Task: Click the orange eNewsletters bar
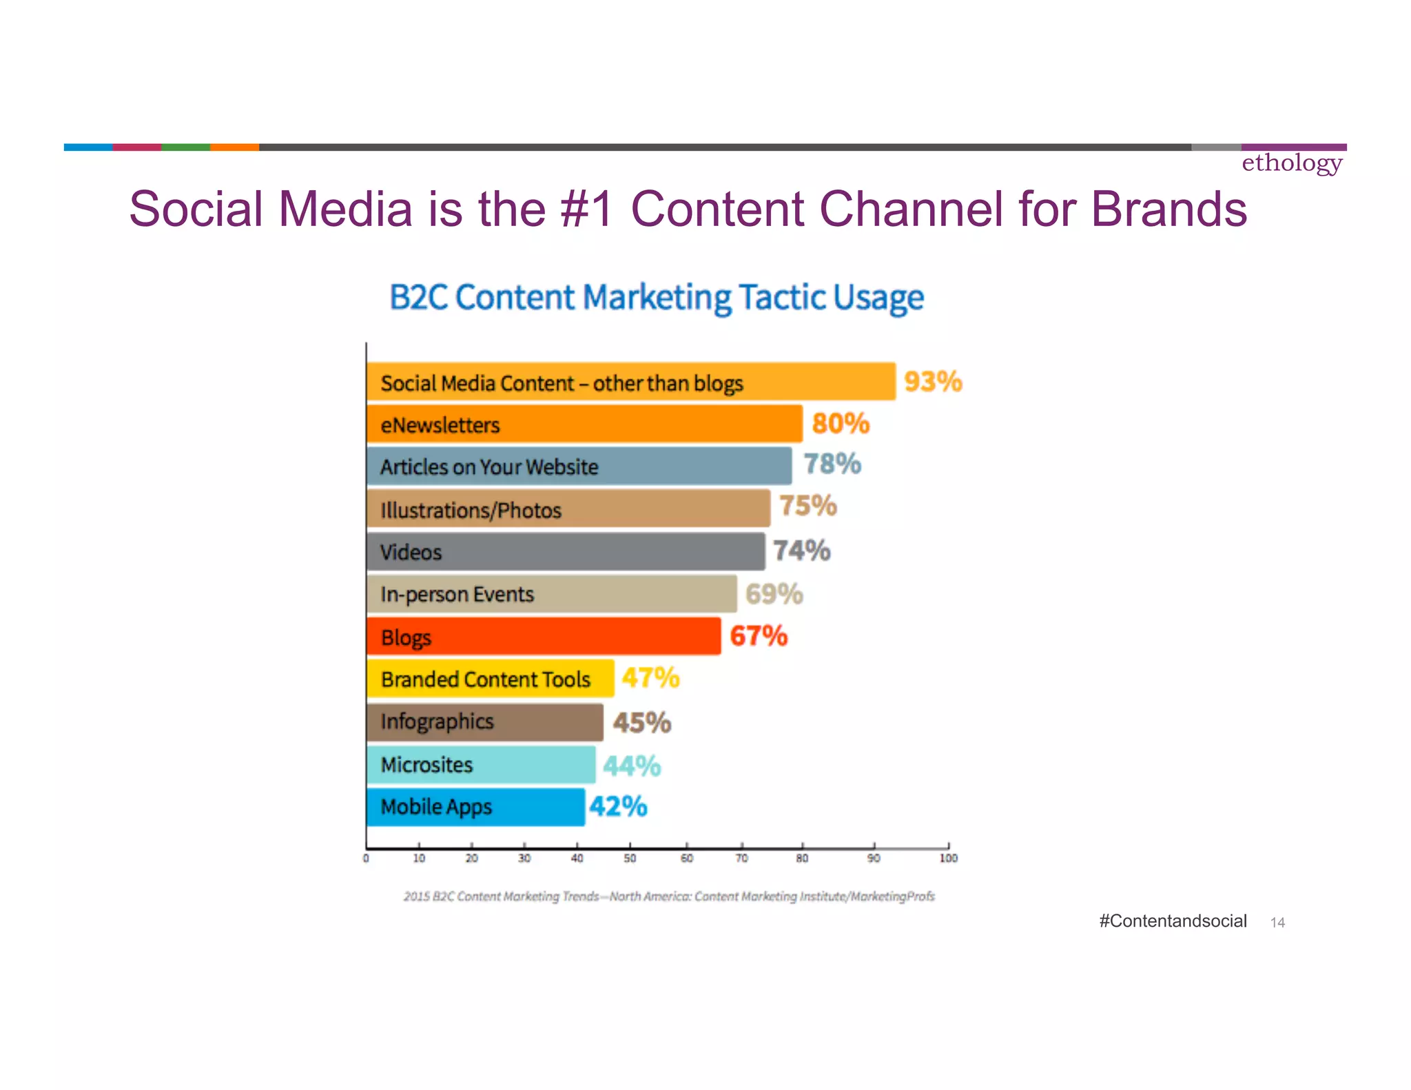tap(584, 424)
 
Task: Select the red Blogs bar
tap(544, 636)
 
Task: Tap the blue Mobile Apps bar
tap(475, 806)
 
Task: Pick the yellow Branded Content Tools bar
tap(490, 679)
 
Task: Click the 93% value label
tap(933, 381)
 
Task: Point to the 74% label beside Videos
tap(801, 551)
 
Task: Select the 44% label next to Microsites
tap(632, 765)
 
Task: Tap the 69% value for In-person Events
tap(774, 594)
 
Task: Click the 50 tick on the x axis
tap(630, 858)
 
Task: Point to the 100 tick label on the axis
tap(948, 858)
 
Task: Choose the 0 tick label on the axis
tap(366, 858)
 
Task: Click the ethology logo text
tap(1292, 163)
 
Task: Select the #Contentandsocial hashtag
tap(1173, 921)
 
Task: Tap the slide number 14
tap(1277, 923)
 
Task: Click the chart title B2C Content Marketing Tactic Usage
tap(657, 298)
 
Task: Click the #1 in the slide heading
tap(586, 209)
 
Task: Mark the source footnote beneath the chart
tap(669, 896)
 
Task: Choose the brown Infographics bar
tap(484, 722)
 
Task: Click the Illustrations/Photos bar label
tap(471, 511)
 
